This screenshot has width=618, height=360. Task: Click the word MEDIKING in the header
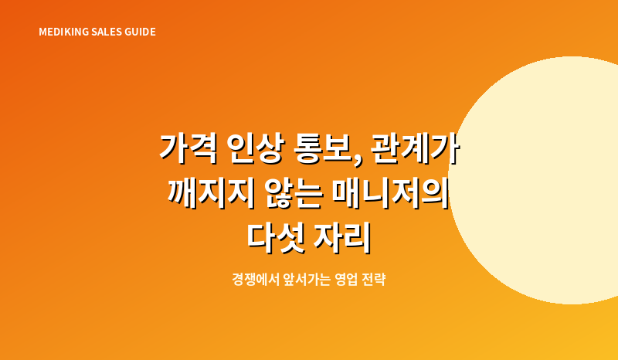tap(64, 32)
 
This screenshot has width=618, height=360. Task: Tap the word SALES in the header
tap(107, 32)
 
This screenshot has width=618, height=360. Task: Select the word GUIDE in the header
tap(140, 32)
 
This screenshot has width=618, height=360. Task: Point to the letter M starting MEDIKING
tap(42, 32)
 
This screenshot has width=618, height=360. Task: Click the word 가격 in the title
tap(188, 149)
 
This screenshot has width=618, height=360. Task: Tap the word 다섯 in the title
tap(277, 238)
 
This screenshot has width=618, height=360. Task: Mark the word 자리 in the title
tap(342, 238)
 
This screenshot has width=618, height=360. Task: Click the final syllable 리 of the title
tap(358, 238)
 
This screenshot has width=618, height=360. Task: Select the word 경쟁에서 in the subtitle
tap(256, 280)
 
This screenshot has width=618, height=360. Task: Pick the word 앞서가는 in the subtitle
tap(307, 280)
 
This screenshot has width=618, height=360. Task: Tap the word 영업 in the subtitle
tap(345, 280)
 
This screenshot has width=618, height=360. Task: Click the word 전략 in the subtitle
tap(373, 280)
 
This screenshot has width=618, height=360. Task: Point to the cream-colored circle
tap(552, 180)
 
